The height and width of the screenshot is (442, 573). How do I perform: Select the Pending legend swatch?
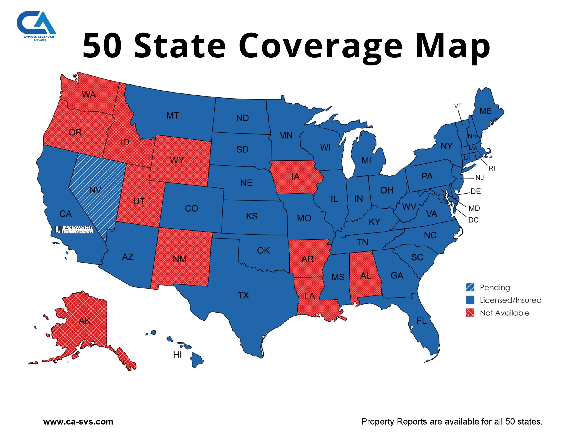click(470, 287)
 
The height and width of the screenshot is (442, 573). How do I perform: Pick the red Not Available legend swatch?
click(470, 313)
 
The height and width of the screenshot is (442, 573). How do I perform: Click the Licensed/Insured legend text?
click(510, 300)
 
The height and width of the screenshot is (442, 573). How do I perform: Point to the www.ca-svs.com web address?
click(78, 422)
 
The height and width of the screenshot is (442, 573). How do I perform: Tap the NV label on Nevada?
click(95, 190)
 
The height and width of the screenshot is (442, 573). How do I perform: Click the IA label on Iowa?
click(295, 177)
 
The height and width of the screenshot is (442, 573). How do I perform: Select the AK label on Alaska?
click(84, 321)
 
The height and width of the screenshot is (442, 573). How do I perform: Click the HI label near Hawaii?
click(177, 355)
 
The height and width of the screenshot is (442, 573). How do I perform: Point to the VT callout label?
click(458, 106)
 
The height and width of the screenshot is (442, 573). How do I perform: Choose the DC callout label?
click(473, 220)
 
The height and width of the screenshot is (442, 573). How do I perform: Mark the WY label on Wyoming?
click(177, 160)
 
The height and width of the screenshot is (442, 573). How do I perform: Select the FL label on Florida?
click(422, 321)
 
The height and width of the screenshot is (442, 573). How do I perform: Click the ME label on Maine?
click(485, 111)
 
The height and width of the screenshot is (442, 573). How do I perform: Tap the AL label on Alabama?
click(366, 276)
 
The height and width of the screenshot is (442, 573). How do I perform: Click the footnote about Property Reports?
click(452, 422)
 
